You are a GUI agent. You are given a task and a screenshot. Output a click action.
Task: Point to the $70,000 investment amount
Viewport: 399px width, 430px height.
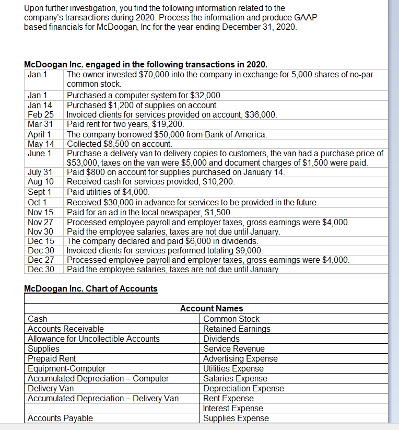pos(156,75)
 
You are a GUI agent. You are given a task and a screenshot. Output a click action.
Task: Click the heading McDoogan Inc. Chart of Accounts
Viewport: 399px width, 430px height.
pos(91,289)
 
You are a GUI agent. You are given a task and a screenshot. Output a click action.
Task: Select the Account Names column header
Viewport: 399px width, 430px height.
pos(211,309)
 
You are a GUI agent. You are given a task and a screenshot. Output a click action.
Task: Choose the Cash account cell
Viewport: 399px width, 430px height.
pos(37,319)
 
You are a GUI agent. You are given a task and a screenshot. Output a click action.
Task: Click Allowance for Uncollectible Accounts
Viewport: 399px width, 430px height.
pos(93,339)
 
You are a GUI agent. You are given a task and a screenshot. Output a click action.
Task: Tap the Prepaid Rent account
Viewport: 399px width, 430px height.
pos(52,358)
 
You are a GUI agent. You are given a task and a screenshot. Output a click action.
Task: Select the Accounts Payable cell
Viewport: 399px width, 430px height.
pos(60,418)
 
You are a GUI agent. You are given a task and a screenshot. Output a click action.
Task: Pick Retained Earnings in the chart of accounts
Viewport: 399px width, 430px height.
pos(237,329)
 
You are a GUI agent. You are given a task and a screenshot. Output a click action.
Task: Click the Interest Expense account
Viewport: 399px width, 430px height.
pos(233,408)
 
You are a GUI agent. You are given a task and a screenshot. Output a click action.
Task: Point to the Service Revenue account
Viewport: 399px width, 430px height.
pos(233,348)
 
